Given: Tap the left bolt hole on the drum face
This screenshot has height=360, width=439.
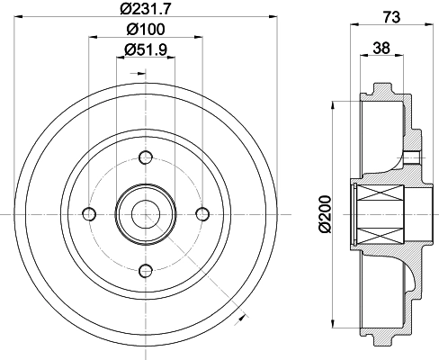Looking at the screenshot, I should pos(88,212).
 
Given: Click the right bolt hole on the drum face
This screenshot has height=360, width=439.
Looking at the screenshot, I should pos(202,212).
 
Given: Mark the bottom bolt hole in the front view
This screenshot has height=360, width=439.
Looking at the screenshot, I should pos(145,269).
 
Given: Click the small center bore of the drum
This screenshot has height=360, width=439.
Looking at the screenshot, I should pos(145,212).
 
